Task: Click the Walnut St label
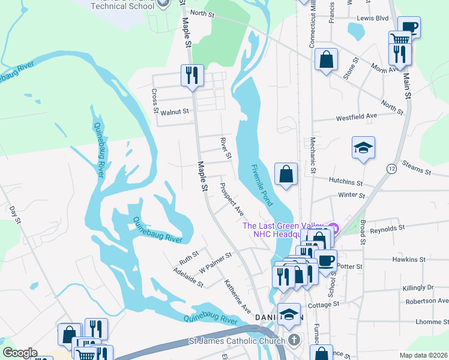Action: pyautogui.click(x=175, y=112)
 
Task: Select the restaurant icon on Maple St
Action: pyautogui.click(x=193, y=76)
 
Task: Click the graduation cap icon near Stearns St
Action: pyautogui.click(x=363, y=148)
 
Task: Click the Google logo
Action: pyautogui.click(x=20, y=353)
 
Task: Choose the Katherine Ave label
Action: pyautogui.click(x=238, y=296)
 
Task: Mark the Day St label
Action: pyautogui.click(x=14, y=215)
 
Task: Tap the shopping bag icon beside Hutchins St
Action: pyautogui.click(x=286, y=175)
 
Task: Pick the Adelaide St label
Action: pyautogui.click(x=188, y=277)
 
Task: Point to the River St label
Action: pyautogui.click(x=225, y=148)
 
